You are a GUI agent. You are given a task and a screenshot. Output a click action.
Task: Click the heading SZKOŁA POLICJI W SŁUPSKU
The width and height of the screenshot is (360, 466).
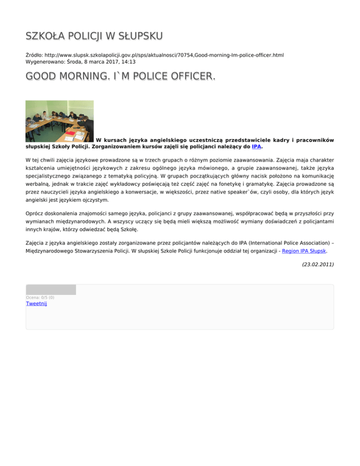94,36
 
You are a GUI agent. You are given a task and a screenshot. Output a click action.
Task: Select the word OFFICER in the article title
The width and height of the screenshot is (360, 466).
179,76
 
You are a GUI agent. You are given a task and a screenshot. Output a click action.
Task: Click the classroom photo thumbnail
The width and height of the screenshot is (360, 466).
60,121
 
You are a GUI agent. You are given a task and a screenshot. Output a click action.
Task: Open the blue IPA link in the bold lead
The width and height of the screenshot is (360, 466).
256,147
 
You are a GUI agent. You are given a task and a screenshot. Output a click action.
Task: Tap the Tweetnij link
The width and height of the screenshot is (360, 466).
37,304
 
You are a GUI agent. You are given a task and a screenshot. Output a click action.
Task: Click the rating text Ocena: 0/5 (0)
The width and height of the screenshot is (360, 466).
40,297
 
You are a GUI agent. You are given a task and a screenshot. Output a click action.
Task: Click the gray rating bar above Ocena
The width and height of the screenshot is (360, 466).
51,290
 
